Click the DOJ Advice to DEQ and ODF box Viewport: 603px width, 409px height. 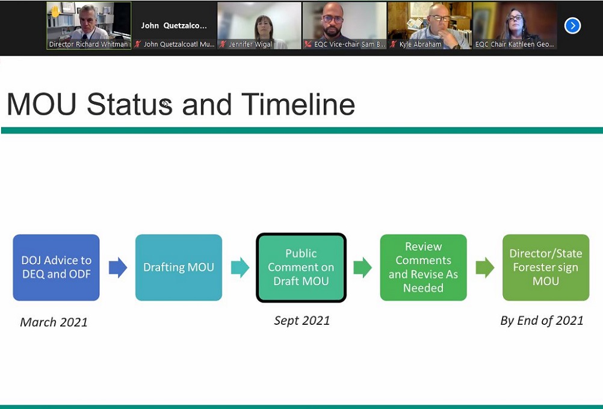pyautogui.click(x=56, y=268)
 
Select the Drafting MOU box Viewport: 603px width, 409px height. pyautogui.click(x=179, y=268)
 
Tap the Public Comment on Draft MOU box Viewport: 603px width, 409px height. pyautogui.click(x=301, y=268)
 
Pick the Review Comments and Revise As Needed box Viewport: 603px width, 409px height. pyautogui.click(x=424, y=268)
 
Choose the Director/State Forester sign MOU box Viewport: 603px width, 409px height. pyautogui.click(x=546, y=268)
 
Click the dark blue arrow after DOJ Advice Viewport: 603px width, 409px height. pyautogui.click(x=118, y=268)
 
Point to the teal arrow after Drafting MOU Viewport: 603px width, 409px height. pyautogui.click(x=240, y=268)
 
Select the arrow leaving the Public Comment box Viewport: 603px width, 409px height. pyautogui.click(x=363, y=268)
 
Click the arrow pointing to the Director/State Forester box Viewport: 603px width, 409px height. pyautogui.click(x=485, y=268)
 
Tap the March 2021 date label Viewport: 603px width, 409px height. pyautogui.click(x=54, y=322)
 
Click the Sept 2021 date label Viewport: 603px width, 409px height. pyautogui.click(x=302, y=321)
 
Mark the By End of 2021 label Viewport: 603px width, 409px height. pyautogui.click(x=542, y=321)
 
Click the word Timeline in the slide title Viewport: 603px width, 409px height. pyautogui.click(x=298, y=104)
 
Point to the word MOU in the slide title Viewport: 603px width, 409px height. pyautogui.click(x=42, y=104)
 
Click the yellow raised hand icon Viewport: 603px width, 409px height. pyautogui.click(x=55, y=11)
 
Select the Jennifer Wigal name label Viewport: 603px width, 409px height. pyautogui.click(x=250, y=44)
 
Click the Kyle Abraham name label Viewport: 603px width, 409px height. pyautogui.click(x=420, y=44)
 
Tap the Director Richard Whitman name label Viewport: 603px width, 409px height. pyautogui.click(x=88, y=44)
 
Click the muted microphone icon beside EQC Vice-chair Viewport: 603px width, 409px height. pyautogui.click(x=308, y=44)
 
